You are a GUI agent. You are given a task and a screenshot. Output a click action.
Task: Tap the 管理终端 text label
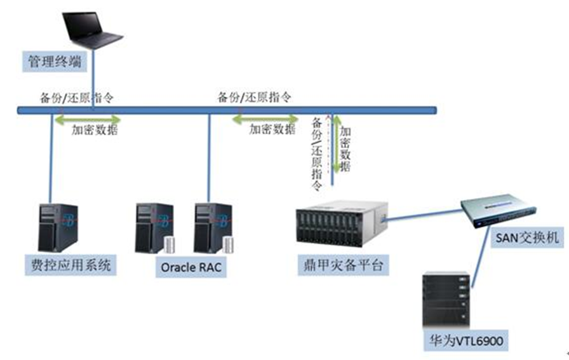[x=50, y=61]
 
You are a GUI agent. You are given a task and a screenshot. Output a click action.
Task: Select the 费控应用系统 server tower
[x=58, y=227]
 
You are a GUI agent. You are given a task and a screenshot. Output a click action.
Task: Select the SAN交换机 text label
[x=525, y=239]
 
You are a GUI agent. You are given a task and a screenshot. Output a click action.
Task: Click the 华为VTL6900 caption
[x=467, y=341]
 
